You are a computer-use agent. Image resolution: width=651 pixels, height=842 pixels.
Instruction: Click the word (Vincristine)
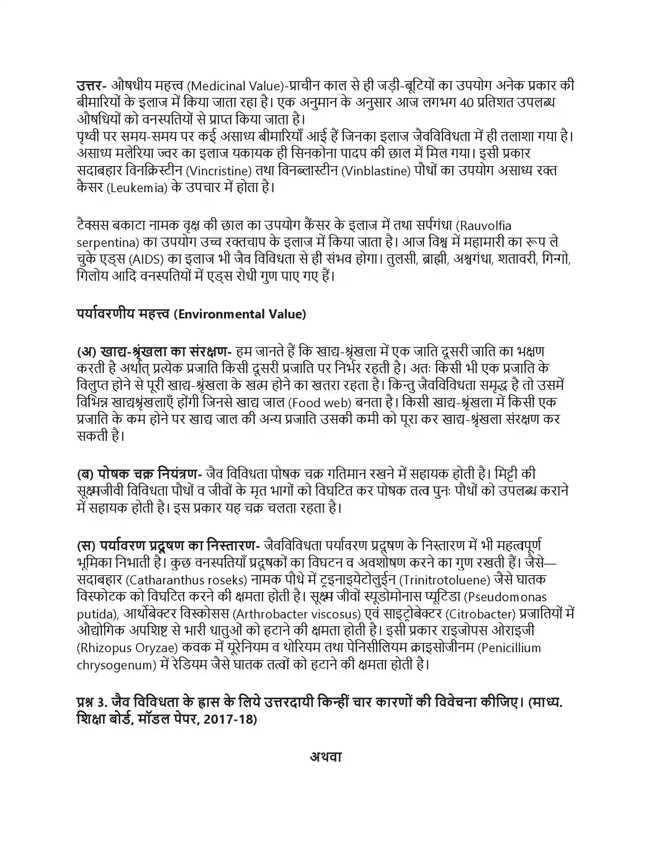point(219,170)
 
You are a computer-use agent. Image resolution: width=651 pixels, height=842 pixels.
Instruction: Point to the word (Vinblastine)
point(376,170)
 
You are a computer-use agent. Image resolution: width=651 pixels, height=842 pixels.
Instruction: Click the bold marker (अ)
point(86,352)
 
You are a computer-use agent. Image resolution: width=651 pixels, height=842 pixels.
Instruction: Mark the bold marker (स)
point(86,546)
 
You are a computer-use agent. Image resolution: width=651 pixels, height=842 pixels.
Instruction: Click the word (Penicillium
point(509,648)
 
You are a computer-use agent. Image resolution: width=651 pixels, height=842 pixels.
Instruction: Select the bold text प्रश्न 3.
point(92,702)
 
